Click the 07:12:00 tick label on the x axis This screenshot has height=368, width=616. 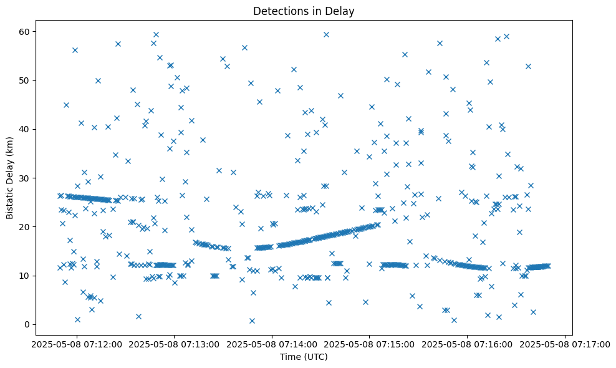(x=77, y=344)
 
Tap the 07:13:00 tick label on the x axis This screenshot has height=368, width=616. (x=174, y=344)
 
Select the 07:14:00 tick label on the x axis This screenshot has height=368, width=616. (x=272, y=344)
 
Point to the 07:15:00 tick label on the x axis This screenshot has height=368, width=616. (x=370, y=344)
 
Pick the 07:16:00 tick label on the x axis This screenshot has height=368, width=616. (x=468, y=344)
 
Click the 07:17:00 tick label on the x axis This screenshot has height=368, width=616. (x=565, y=344)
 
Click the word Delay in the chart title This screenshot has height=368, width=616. (x=340, y=11)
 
